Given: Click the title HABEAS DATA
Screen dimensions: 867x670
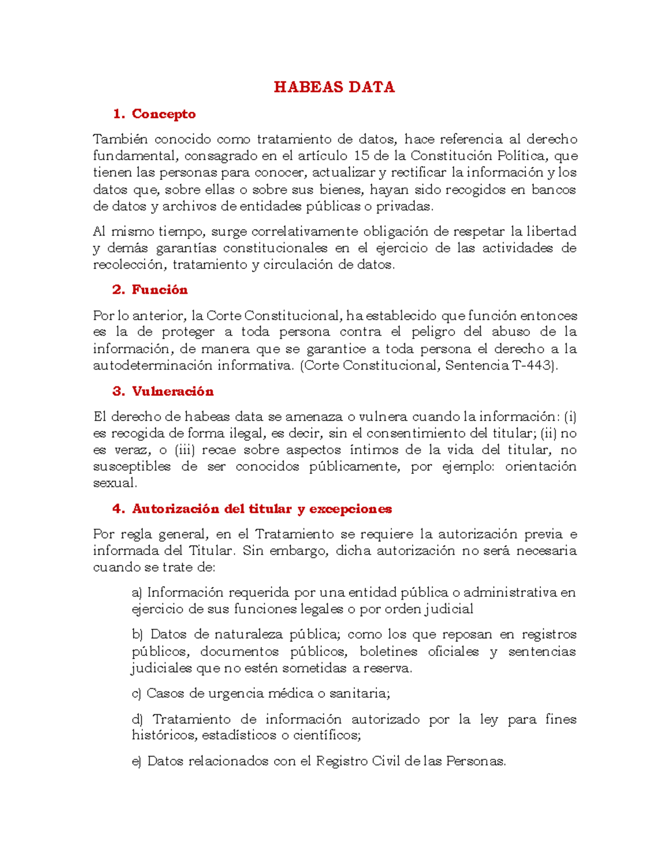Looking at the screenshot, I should [x=334, y=87].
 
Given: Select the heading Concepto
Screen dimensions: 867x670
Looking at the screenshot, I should [x=164, y=114].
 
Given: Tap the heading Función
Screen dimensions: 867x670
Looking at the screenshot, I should [x=160, y=290].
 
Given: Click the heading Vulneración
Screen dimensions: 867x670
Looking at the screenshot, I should [x=173, y=391].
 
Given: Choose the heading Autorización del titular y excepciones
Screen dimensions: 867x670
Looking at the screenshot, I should [x=262, y=509].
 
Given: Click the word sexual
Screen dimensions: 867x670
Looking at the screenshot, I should [x=114, y=483].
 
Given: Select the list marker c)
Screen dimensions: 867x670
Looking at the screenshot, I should [x=137, y=693].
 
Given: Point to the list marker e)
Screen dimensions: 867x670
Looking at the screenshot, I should [x=137, y=761].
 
